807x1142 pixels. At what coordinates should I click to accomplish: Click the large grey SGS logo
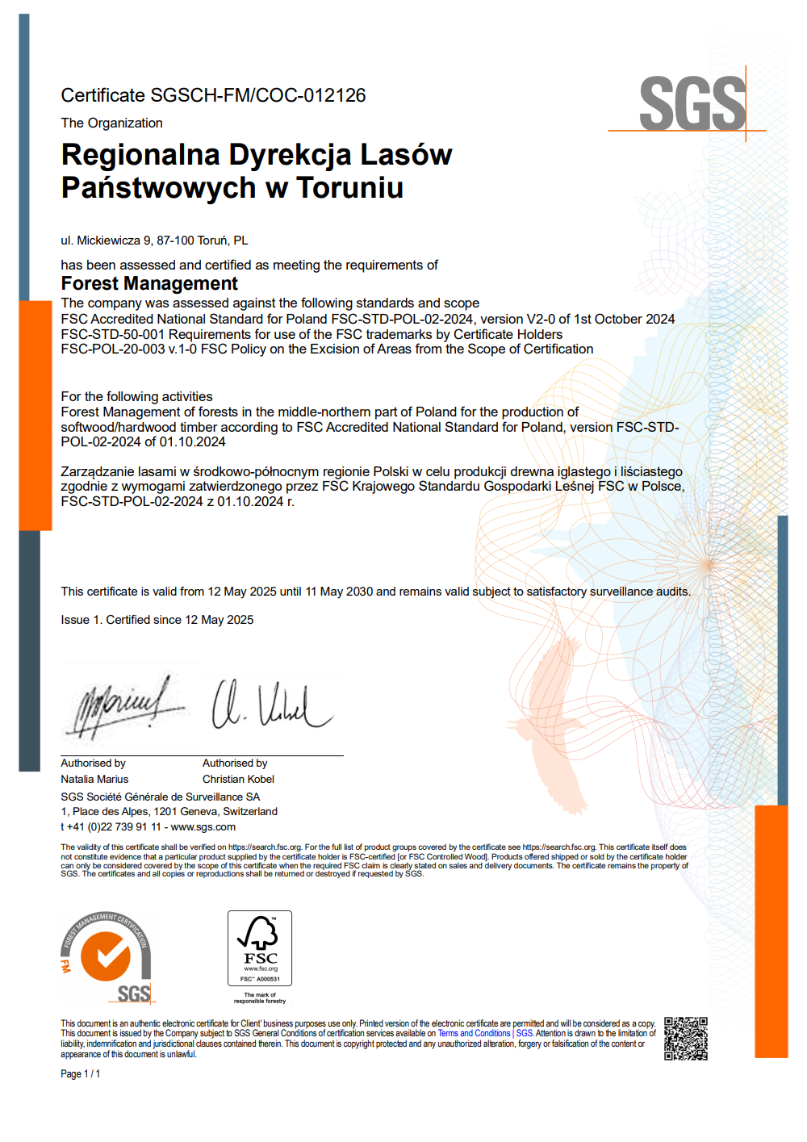pyautogui.click(x=692, y=103)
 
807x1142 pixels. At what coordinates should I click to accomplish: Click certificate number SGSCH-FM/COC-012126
pyautogui.click(x=258, y=95)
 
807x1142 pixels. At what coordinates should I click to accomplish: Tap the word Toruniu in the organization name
pyautogui.click(x=349, y=188)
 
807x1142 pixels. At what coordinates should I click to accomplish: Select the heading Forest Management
pyautogui.click(x=149, y=284)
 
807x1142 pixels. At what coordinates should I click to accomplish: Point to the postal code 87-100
pyautogui.click(x=175, y=241)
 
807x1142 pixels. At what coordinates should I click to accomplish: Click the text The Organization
pyautogui.click(x=111, y=123)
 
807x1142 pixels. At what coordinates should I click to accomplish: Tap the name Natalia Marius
pyautogui.click(x=94, y=780)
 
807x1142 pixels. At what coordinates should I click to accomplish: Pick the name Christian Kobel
pyautogui.click(x=238, y=780)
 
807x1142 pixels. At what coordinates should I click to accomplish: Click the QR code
pyautogui.click(x=686, y=1039)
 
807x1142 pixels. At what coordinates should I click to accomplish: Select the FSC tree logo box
pyautogui.click(x=260, y=948)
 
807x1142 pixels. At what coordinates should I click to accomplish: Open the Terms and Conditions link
pyautogui.click(x=474, y=1034)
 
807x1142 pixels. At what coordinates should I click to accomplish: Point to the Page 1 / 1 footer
pyautogui.click(x=81, y=1074)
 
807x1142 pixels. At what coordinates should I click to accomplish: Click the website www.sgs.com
pyautogui.click(x=203, y=827)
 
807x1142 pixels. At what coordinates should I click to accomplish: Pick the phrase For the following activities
pyautogui.click(x=136, y=396)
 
